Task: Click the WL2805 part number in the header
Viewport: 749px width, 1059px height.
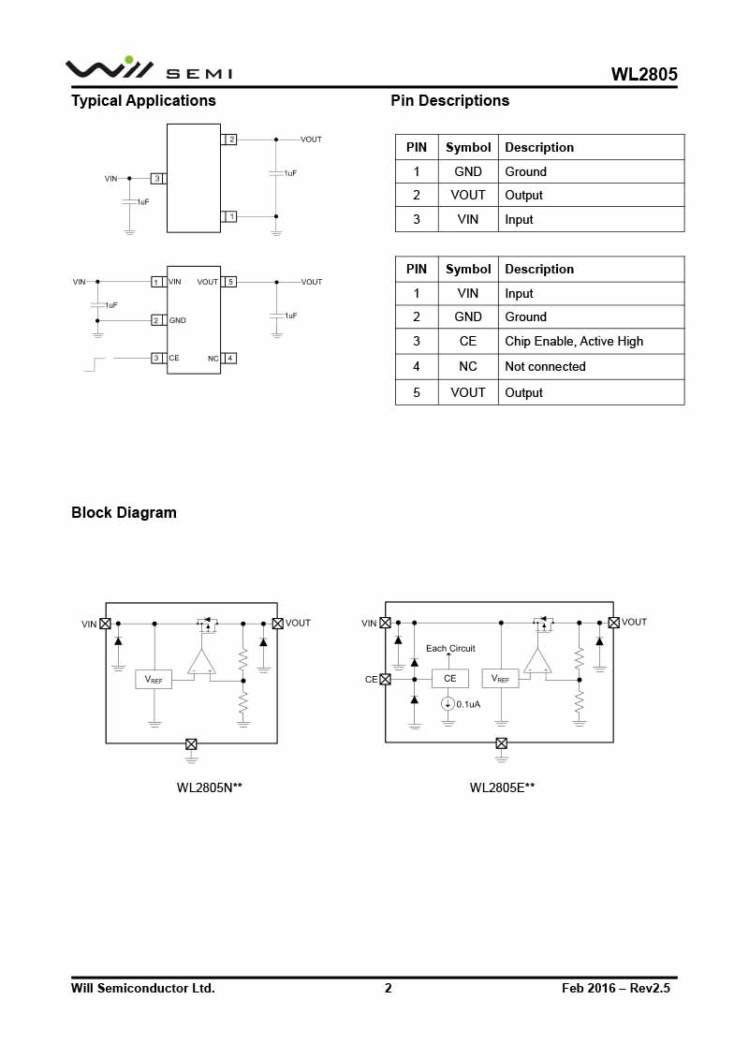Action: coord(644,75)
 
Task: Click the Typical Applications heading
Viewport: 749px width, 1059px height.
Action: coord(143,101)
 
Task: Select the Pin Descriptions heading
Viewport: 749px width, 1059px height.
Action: coord(449,101)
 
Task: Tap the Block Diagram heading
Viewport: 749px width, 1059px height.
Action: coord(124,513)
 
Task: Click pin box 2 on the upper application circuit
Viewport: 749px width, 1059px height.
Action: coord(230,140)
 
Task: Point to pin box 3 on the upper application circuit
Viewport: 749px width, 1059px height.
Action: coord(158,178)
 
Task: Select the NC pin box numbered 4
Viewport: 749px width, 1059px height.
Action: coord(230,358)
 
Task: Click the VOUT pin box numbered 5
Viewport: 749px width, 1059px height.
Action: coord(230,282)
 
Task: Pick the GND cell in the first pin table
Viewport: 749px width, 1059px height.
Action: coord(468,171)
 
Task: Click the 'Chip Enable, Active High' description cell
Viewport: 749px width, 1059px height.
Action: coord(574,342)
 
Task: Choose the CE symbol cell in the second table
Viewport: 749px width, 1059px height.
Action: coord(468,342)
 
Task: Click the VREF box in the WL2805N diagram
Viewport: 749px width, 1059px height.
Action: coord(154,680)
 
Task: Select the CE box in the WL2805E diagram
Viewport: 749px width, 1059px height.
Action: coord(450,679)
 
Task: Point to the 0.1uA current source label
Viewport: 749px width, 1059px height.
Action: coord(468,704)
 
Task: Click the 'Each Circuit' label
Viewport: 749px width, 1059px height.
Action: coord(450,648)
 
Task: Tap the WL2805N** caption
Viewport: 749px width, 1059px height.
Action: coord(210,788)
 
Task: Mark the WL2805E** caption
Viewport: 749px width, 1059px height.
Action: coord(503,788)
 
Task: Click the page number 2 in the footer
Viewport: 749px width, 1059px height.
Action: coord(389,989)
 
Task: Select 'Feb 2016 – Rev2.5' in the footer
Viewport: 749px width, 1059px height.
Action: coord(616,989)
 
